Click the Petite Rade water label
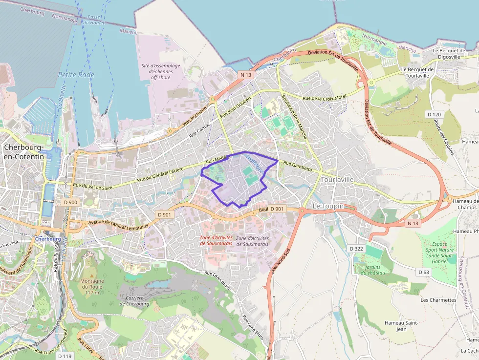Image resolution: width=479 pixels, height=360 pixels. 76,75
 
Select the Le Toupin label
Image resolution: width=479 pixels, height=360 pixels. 328,206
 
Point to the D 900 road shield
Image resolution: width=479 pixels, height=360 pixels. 70,202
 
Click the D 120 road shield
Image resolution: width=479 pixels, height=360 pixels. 434,114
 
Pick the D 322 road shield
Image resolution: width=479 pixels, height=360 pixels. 356,249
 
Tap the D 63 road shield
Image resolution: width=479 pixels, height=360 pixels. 423,272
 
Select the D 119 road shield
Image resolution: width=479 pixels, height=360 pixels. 65,356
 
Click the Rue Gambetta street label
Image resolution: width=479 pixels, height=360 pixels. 297,167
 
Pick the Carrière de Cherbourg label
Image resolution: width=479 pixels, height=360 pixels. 134,300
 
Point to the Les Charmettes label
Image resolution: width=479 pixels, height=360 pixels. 438,300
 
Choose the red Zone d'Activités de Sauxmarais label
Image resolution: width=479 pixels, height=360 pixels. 216,240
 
